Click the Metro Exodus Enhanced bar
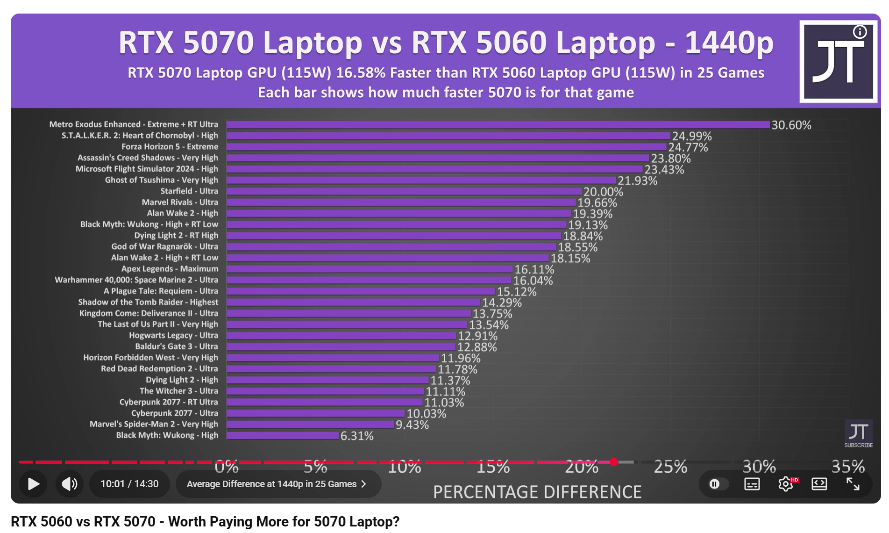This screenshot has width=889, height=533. [x=498, y=125]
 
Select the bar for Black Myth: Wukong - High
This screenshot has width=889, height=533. [x=283, y=436]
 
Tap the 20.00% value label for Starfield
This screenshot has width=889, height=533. [x=603, y=192]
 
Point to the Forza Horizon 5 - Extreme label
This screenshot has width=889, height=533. [x=170, y=146]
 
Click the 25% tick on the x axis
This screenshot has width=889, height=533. [x=670, y=467]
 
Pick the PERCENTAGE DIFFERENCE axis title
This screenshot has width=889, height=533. [x=537, y=492]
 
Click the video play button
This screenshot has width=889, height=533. [x=33, y=484]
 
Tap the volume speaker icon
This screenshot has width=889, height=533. [x=70, y=484]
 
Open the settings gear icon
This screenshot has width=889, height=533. [x=786, y=484]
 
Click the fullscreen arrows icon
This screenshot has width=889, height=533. [x=853, y=484]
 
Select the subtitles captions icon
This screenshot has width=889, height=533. [x=752, y=484]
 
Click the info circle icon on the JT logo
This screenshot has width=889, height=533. [x=860, y=32]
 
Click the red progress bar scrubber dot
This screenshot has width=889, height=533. [x=614, y=462]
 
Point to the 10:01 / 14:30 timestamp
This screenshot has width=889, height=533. [x=129, y=484]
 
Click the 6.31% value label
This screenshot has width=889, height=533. [x=357, y=436]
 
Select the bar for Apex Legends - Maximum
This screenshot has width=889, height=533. [x=370, y=269]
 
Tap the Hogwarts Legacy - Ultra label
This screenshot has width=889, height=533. [x=173, y=335]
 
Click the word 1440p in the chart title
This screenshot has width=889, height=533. [x=729, y=43]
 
